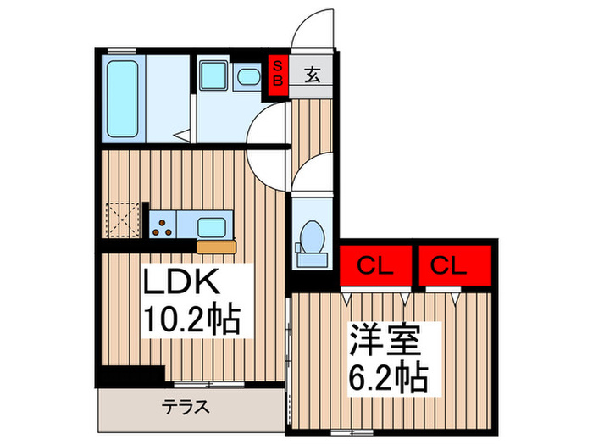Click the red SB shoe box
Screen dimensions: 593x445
(276, 72)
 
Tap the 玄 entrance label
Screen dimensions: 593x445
(311, 75)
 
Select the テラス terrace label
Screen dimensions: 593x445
(186, 407)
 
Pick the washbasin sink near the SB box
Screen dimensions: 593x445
(247, 79)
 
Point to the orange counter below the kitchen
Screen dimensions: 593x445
(217, 246)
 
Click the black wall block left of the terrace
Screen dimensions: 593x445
(129, 373)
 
